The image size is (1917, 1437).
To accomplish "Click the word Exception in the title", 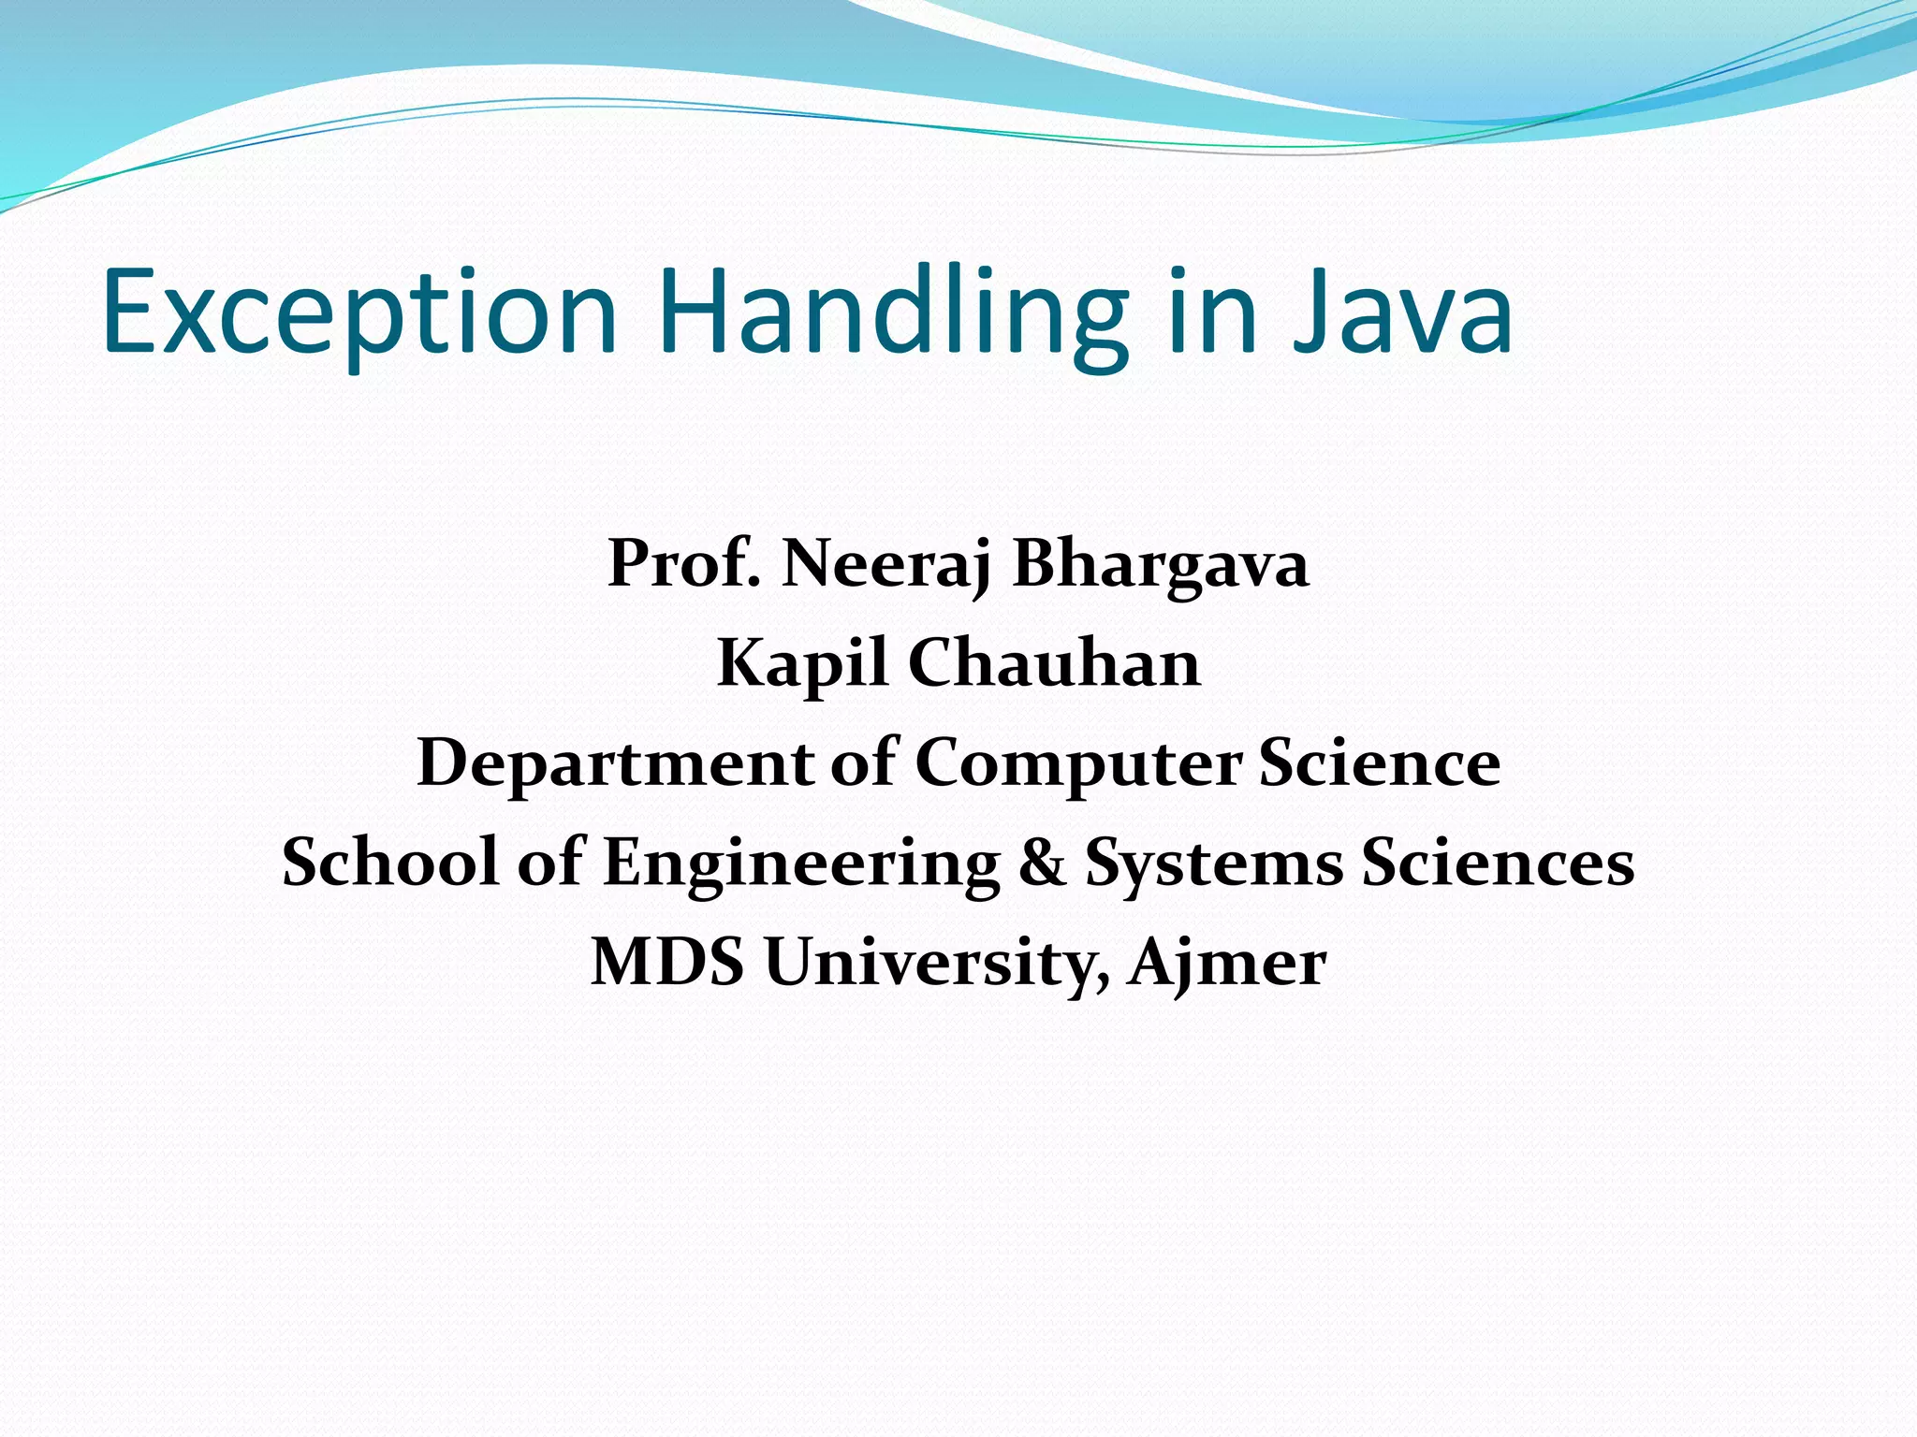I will pos(359,312).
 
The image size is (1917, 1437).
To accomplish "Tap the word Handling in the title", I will pos(893,312).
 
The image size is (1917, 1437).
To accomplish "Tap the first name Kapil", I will pos(801,665).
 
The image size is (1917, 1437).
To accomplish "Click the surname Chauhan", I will pos(1054,663).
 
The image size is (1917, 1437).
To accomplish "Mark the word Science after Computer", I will pos(1379,762).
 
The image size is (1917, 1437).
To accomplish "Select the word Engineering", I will pos(801,864).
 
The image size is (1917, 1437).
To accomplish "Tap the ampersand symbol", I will pos(1042,862).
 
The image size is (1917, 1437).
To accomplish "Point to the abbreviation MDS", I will pos(667,963).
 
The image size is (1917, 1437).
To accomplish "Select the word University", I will pos(937,963).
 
